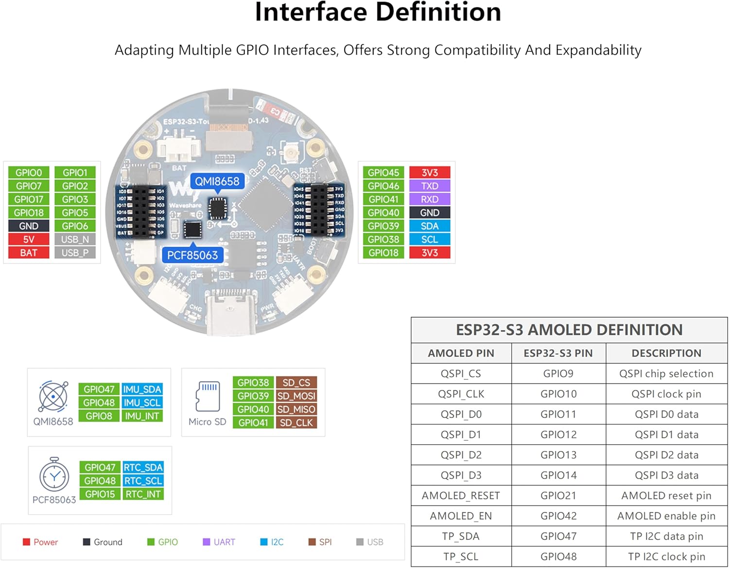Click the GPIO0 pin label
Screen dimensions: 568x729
[29, 173]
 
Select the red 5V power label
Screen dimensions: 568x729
[29, 239]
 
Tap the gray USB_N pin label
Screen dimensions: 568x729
[75, 239]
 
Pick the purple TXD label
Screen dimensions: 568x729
[430, 186]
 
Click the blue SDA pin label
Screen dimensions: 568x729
[430, 226]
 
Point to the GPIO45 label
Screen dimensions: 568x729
[383, 173]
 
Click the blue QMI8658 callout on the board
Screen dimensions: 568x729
[217, 182]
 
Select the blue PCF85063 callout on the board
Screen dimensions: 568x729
[192, 255]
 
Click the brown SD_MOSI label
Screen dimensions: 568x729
[296, 396]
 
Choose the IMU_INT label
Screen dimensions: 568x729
[142, 416]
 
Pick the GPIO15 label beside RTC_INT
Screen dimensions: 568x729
[100, 494]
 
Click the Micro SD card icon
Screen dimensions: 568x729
[208, 396]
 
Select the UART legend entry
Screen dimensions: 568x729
[219, 542]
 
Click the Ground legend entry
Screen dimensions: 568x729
[103, 542]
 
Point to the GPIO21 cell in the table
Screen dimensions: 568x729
[558, 496]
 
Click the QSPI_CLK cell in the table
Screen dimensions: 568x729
[461, 394]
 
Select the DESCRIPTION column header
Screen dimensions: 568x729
[666, 353]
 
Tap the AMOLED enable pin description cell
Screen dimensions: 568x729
[666, 516]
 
